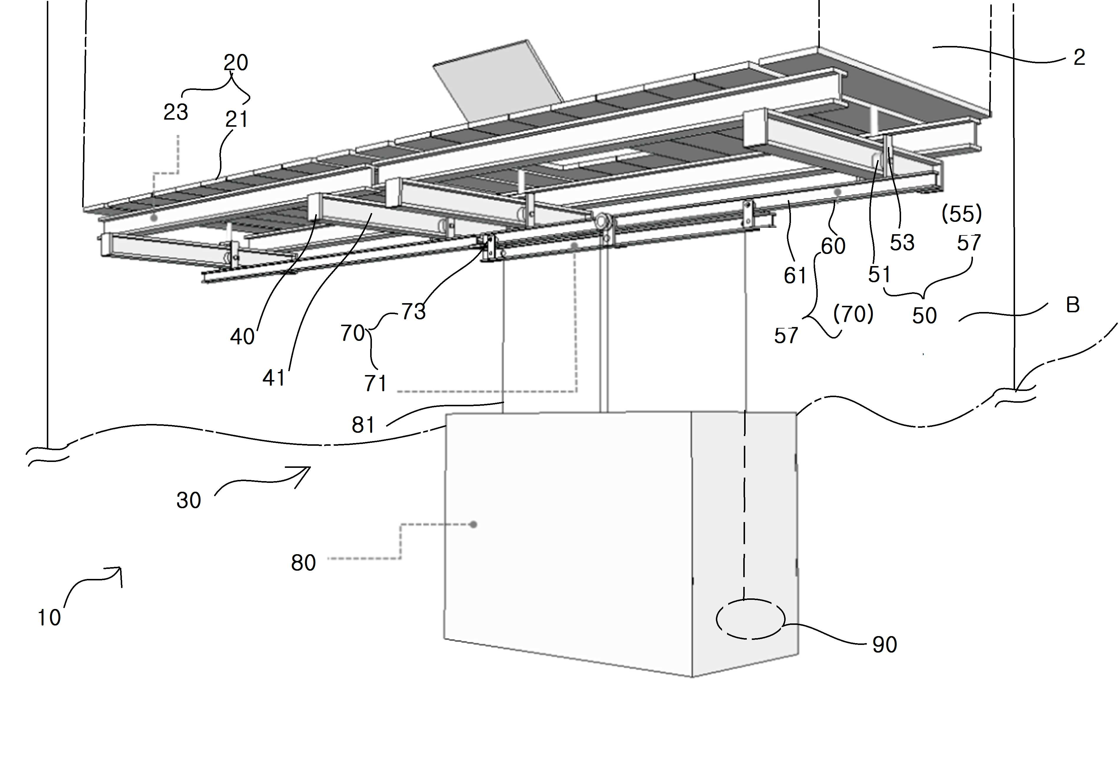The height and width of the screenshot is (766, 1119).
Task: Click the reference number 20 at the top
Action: tap(236, 63)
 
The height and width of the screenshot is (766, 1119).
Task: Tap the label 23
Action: tap(176, 112)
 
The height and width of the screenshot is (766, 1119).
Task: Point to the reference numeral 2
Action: tap(1080, 57)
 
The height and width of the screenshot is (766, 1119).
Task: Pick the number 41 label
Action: tap(274, 378)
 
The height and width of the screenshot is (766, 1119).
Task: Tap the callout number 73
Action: tap(414, 312)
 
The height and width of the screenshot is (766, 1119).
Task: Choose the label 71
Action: tap(375, 384)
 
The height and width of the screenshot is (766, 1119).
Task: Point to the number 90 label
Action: tap(885, 645)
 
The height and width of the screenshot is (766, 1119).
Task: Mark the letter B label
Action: tap(1073, 305)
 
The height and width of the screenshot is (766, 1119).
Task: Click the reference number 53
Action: tap(902, 243)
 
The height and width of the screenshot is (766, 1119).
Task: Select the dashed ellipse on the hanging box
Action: tap(751, 599)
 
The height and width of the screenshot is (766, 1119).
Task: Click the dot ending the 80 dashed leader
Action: tap(474, 524)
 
